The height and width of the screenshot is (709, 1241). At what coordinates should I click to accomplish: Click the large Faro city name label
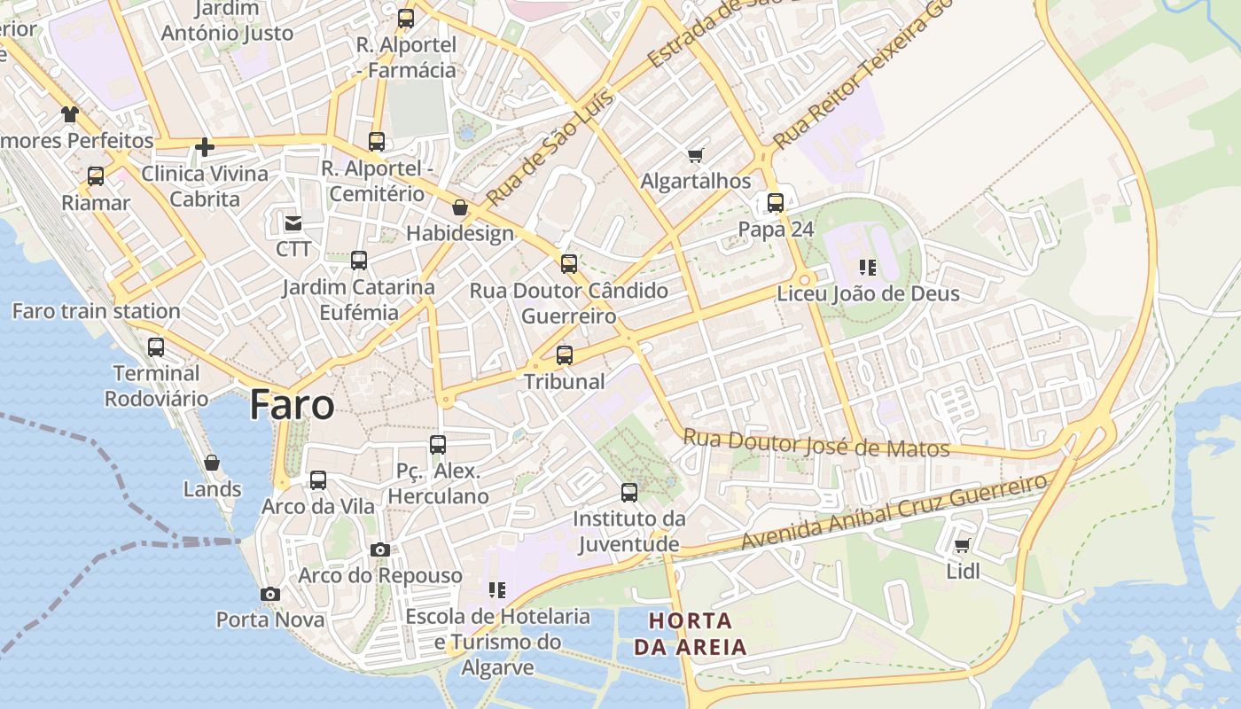click(292, 405)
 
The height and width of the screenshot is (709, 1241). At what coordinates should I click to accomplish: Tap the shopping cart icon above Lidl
click(962, 545)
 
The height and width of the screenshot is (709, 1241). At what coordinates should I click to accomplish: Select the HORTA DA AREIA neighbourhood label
click(691, 633)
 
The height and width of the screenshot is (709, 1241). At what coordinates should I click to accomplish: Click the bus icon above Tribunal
click(564, 355)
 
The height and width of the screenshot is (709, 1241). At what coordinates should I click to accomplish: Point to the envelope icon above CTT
click(293, 222)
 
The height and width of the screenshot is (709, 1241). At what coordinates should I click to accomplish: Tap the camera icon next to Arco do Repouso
click(380, 549)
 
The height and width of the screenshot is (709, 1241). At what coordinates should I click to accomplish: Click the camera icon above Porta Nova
click(270, 594)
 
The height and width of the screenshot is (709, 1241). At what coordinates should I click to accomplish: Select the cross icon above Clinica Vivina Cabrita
click(205, 147)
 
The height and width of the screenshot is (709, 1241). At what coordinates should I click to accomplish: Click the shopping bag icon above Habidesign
click(459, 207)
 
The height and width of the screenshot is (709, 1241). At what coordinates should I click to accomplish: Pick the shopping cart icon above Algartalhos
click(695, 155)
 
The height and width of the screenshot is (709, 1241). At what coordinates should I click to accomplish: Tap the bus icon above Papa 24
click(776, 203)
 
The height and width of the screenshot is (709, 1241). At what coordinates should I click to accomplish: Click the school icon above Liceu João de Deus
click(868, 267)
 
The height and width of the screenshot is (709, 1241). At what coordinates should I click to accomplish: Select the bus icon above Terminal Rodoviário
click(156, 347)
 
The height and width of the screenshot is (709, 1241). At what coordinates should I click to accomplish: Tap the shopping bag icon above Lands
click(212, 463)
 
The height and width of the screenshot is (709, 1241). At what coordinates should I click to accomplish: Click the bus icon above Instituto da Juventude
click(629, 492)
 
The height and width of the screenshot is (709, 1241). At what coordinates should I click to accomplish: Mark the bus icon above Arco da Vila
click(317, 480)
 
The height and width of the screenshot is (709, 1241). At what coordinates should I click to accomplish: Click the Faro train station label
click(96, 311)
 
